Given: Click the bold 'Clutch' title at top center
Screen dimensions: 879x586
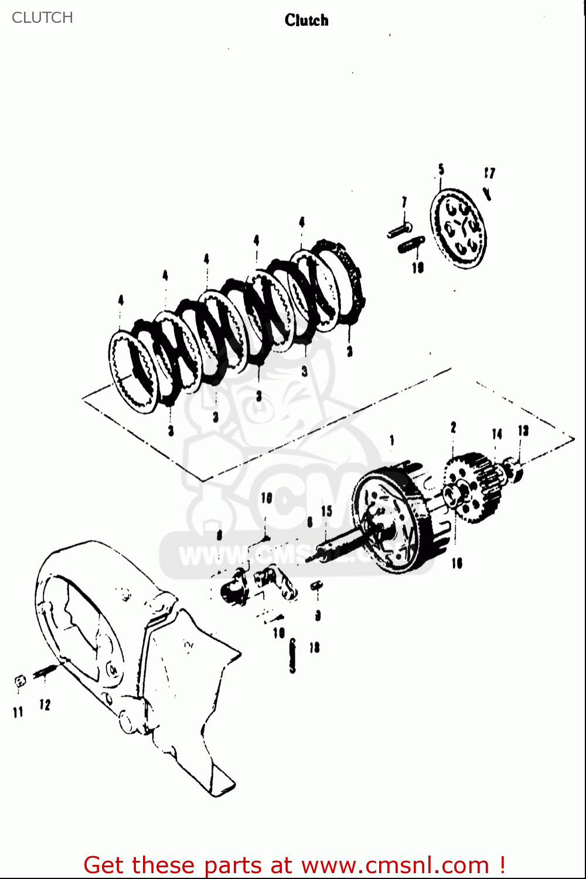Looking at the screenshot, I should tap(306, 21).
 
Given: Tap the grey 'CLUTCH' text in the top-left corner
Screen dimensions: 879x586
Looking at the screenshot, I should tap(42, 18).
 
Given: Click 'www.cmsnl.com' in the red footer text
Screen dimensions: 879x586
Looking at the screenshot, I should tap(395, 865).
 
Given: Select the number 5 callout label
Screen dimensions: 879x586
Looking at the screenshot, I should tap(441, 169).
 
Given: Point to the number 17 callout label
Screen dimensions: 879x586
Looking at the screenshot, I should tap(489, 173).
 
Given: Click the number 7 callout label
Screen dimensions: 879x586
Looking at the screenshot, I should tap(404, 202).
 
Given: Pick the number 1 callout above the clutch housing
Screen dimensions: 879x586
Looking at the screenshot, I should tap(391, 440).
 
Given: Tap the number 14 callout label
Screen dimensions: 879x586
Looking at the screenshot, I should tap(497, 434).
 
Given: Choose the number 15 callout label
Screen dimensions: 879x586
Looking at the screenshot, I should tap(326, 511).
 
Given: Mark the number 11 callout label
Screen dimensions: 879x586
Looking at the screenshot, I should tap(18, 712).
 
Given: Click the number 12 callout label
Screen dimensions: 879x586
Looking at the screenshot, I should tap(45, 705).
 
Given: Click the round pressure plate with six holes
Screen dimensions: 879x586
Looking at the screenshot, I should tap(459, 229).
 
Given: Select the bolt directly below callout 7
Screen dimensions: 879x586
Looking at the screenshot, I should tap(400, 230).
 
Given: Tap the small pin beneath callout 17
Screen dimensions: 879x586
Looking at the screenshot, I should tap(487, 193).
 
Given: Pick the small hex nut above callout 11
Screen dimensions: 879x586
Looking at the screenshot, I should tap(20, 681).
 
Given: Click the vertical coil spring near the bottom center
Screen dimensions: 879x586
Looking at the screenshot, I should tap(292, 655).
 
